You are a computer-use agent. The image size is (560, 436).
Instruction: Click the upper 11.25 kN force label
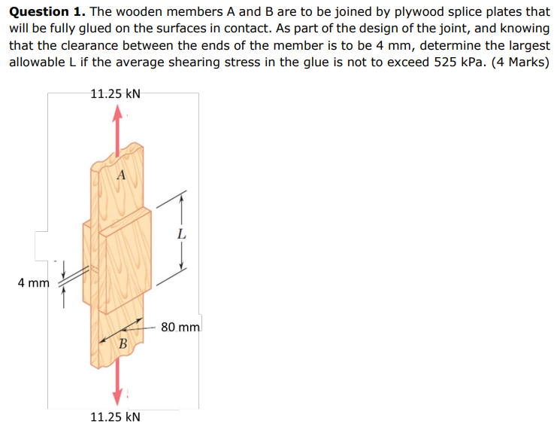(114, 94)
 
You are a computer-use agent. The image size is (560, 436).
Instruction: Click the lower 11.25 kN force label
(115, 416)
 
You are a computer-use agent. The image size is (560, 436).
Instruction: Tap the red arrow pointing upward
(117, 124)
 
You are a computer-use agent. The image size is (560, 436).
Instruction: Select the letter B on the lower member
(123, 344)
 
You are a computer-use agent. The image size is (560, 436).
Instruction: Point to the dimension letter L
(180, 235)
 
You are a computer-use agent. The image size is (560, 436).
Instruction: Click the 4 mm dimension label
(33, 283)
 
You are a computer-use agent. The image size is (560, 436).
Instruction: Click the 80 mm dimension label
(180, 328)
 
